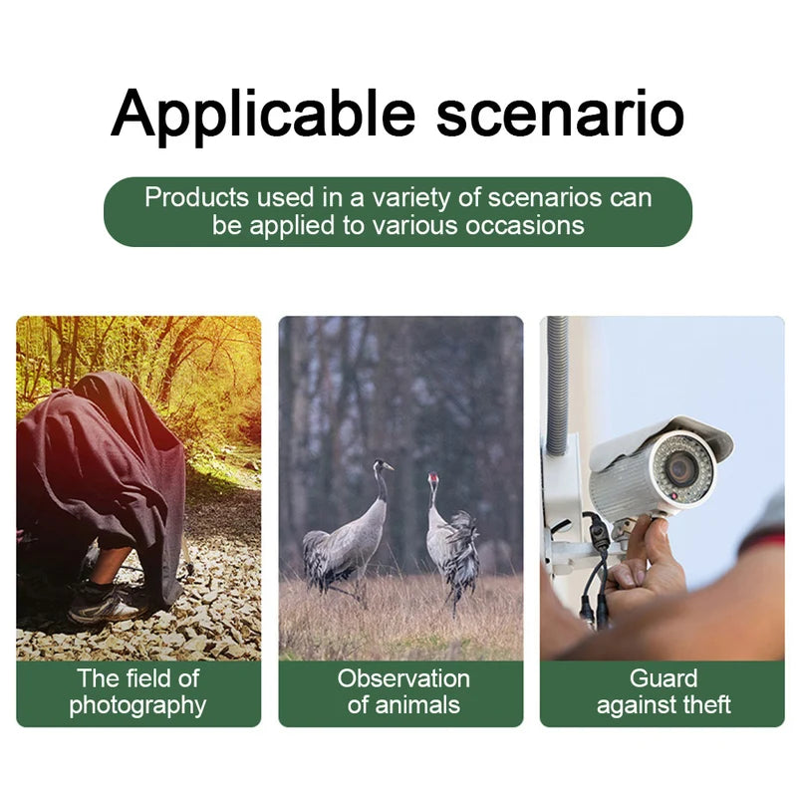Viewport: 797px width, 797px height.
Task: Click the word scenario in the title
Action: (x=560, y=114)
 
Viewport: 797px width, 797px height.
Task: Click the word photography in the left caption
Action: (x=137, y=705)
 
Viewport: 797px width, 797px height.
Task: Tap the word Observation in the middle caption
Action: (x=402, y=678)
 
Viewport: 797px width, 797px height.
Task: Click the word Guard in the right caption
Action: (x=663, y=678)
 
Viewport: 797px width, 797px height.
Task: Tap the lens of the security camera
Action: (x=680, y=468)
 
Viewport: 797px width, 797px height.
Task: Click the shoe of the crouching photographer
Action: (x=105, y=601)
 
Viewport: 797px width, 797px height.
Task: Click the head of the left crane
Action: (x=381, y=465)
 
